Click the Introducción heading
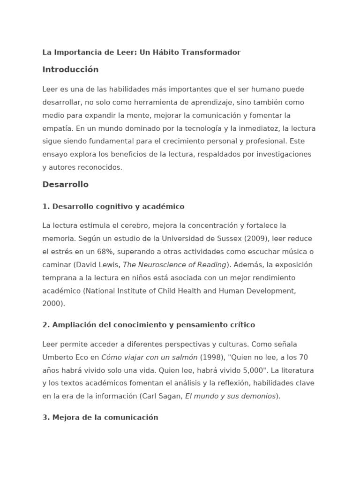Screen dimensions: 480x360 click(70, 70)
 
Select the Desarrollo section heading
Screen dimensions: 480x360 click(65, 185)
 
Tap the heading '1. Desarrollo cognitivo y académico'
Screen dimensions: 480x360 click(113, 207)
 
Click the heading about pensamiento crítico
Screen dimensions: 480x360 click(149, 325)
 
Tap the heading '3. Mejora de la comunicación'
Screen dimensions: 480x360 click(100, 418)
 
